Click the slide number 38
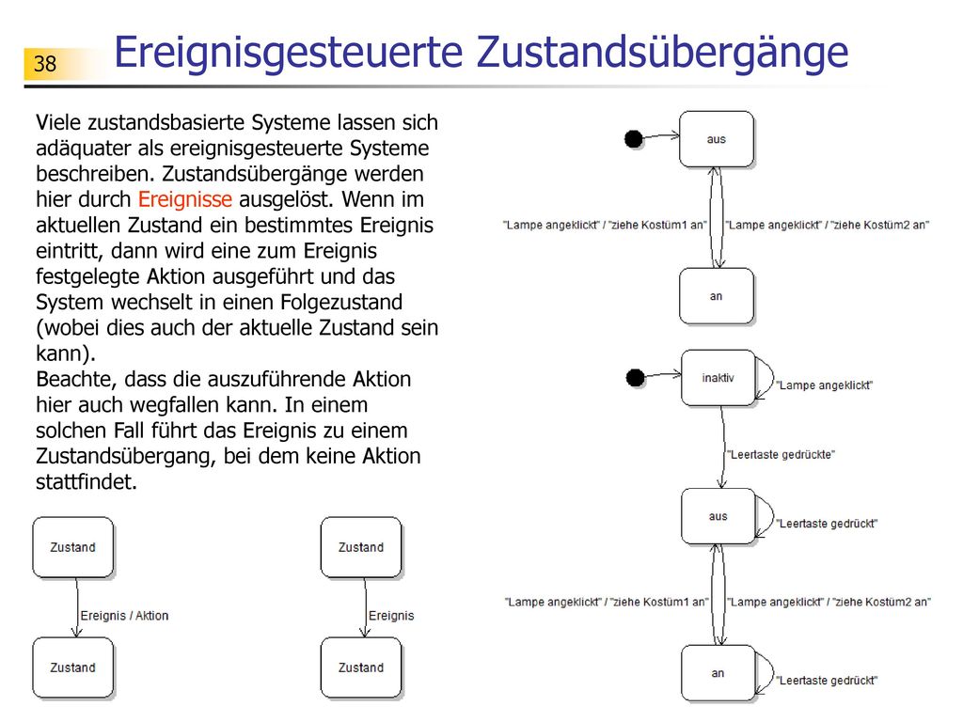pyautogui.click(x=45, y=64)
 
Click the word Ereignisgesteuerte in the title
pyautogui.click(x=288, y=53)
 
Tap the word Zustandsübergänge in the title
pyautogui.click(x=662, y=53)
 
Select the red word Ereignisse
pyautogui.click(x=185, y=199)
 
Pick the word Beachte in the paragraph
pyautogui.click(x=75, y=380)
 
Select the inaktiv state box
pyautogui.click(x=718, y=378)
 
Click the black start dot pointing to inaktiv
pyautogui.click(x=635, y=378)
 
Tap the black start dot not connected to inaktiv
pyautogui.click(x=634, y=139)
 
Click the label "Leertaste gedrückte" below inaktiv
pyautogui.click(x=781, y=455)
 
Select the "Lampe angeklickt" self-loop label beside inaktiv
pyautogui.click(x=824, y=385)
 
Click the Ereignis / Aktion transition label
pyautogui.click(x=124, y=616)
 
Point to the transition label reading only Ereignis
pyautogui.click(x=391, y=616)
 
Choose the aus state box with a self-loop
pyautogui.click(x=718, y=516)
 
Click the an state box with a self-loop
pyautogui.click(x=718, y=673)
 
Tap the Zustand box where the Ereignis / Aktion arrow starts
pyautogui.click(x=73, y=547)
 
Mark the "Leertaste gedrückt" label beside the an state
pyautogui.click(x=827, y=681)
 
